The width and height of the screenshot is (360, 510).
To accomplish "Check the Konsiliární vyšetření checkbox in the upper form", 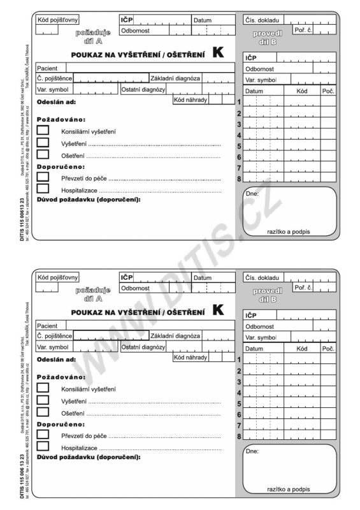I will [x=43, y=131].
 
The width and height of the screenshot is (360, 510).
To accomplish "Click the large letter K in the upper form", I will [x=218, y=54].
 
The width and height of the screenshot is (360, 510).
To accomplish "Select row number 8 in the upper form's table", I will [x=238, y=179].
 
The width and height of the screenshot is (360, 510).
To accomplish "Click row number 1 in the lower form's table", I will [x=238, y=360].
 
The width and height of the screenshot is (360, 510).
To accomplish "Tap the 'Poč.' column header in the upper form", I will [x=328, y=91].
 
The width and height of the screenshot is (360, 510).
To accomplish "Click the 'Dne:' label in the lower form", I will [x=252, y=451].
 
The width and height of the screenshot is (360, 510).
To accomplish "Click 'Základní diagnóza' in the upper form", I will [x=175, y=78].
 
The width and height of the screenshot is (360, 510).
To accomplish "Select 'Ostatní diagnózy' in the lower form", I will [x=143, y=347].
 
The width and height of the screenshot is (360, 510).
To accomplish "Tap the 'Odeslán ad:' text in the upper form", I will [x=57, y=102].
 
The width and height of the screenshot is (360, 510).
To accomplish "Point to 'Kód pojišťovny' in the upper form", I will [x=58, y=20].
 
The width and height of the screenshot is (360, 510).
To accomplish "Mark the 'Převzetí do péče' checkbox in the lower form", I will [x=43, y=434].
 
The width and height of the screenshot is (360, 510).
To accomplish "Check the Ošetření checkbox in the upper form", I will [x=43, y=154].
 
